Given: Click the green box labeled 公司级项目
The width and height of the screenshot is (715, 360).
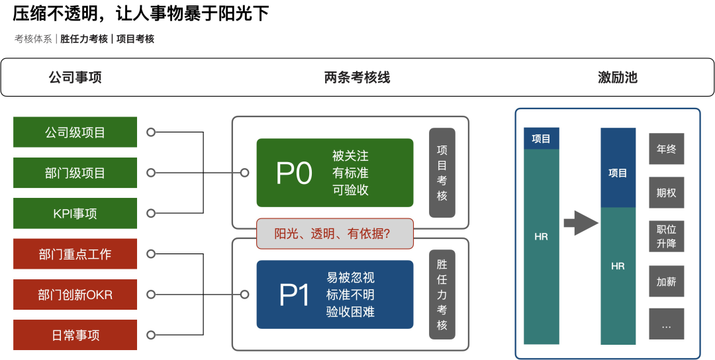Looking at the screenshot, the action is pyautogui.click(x=75, y=132).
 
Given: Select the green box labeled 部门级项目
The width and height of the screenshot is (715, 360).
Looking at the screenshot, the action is pyautogui.click(x=75, y=173).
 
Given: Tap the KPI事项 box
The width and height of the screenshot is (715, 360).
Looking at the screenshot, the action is pyautogui.click(x=75, y=213).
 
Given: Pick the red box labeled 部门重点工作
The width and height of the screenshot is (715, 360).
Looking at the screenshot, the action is pyautogui.click(x=75, y=254).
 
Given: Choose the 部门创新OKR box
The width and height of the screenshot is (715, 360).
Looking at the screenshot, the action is pyautogui.click(x=75, y=294).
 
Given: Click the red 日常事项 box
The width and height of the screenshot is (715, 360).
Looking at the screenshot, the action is pyautogui.click(x=75, y=335).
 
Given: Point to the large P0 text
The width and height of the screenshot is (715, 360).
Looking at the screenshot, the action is pyautogui.click(x=294, y=173).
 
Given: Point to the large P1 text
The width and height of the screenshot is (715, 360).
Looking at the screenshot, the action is pyautogui.click(x=294, y=295).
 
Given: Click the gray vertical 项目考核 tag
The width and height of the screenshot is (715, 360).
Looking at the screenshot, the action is pyautogui.click(x=442, y=173).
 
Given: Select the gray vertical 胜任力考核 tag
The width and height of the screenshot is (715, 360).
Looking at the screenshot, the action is pyautogui.click(x=442, y=294).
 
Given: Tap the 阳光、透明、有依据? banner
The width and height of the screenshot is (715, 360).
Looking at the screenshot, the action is pyautogui.click(x=335, y=234).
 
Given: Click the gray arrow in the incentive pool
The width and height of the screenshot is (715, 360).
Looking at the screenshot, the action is pyautogui.click(x=581, y=223).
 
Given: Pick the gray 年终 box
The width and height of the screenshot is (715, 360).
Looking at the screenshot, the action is pyautogui.click(x=666, y=148).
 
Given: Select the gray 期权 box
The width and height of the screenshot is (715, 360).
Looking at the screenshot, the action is pyautogui.click(x=666, y=193).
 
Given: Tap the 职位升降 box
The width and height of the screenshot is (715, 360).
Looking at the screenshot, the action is pyautogui.click(x=666, y=236).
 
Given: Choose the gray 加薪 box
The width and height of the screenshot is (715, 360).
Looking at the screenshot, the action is pyautogui.click(x=666, y=281).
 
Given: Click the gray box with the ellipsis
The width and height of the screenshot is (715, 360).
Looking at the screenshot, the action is pyautogui.click(x=666, y=324).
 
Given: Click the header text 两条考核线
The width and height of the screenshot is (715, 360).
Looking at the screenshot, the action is pyautogui.click(x=357, y=77).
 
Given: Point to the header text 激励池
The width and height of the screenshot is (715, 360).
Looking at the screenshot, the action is pyautogui.click(x=618, y=77).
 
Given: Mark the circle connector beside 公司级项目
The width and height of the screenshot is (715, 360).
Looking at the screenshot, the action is pyautogui.click(x=151, y=132).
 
